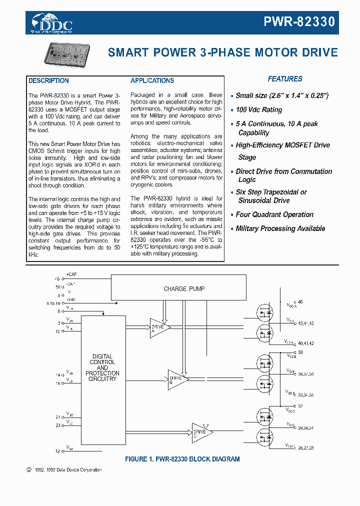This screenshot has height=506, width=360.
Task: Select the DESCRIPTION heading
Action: click(48, 80)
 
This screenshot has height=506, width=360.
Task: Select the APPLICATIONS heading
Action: click(152, 80)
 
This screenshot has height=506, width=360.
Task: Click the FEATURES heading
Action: click(284, 79)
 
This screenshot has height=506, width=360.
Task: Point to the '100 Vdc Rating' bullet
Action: click(258, 109)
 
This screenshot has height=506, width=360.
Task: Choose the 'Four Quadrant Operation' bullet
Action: click(274, 214)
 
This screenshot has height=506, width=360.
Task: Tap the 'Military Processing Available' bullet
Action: click(280, 228)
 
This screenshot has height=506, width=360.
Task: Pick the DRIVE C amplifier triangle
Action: click(201, 433)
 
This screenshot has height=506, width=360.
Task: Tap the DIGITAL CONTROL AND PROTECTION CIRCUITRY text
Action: click(102, 368)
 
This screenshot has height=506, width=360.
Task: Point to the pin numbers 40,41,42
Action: click(305, 343)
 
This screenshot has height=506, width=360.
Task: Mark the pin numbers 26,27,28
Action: click(305, 448)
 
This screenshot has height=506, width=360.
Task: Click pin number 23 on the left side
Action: click(57, 425)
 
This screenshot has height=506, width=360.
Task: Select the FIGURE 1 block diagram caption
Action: click(182, 459)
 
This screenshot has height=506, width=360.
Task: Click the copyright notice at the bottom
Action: click(63, 470)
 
